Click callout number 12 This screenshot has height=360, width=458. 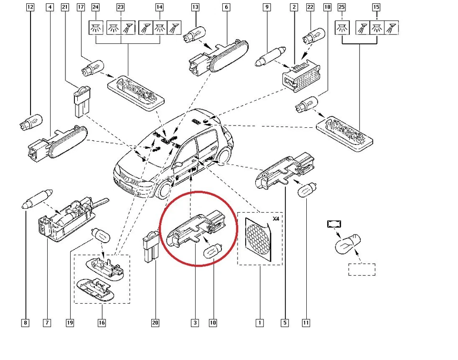(x=31, y=7)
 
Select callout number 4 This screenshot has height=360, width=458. (x=50, y=7)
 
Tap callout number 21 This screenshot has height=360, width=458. (x=65, y=7)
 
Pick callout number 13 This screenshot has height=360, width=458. (x=195, y=7)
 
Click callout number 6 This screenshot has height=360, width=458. (x=226, y=7)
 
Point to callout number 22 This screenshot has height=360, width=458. (x=311, y=7)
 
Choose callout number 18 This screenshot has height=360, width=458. (x=327, y=7)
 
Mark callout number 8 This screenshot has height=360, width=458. (x=25, y=323)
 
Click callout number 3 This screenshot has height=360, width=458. (x=195, y=323)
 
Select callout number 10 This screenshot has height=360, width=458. (x=213, y=323)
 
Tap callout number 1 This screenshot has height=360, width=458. (x=260, y=323)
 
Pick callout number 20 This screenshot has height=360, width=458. (x=155, y=323)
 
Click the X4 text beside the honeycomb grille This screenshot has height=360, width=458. (x=275, y=219)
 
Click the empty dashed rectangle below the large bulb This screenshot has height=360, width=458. (x=362, y=269)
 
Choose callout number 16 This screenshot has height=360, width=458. (x=102, y=323)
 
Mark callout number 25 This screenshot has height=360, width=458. (x=341, y=7)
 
